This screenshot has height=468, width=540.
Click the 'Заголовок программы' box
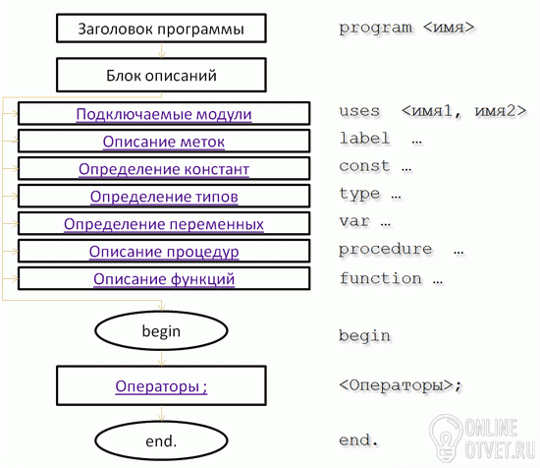click(x=161, y=29)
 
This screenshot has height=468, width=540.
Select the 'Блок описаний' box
click(x=161, y=75)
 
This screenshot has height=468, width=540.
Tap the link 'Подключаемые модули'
click(x=164, y=114)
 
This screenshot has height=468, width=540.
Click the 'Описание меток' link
click(x=164, y=142)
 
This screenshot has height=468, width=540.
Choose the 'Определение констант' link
click(x=164, y=169)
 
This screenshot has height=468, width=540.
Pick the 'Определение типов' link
click(x=164, y=197)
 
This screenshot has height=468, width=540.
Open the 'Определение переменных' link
click(x=164, y=224)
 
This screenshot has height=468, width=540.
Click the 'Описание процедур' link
click(x=164, y=252)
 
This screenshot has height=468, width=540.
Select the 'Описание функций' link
click(x=164, y=279)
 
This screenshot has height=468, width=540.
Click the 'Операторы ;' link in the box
click(x=161, y=386)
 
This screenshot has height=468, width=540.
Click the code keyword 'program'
click(x=375, y=28)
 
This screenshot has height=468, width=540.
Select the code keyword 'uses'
click(x=359, y=111)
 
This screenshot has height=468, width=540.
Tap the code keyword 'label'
click(x=364, y=139)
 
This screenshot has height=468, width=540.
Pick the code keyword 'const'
click(x=364, y=166)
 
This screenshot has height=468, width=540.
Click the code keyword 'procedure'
click(x=385, y=249)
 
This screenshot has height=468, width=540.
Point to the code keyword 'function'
click(x=380, y=278)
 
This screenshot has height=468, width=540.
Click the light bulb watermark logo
click(x=446, y=438)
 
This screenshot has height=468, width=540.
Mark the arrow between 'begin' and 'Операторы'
click(x=161, y=358)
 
